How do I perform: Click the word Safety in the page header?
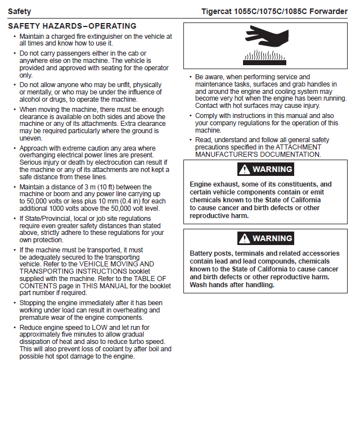pos(20,11)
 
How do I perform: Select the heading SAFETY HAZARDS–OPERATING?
pos(72,26)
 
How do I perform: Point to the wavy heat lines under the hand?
pos(265,56)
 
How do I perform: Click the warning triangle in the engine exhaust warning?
pos(244,169)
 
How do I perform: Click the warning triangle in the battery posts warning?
pos(244,238)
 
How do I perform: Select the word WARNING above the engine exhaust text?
pos(272,169)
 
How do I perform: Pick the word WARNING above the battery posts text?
pos(272,238)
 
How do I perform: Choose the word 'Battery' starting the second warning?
pos(201,253)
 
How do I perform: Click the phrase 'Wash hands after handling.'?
pos(232,285)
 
